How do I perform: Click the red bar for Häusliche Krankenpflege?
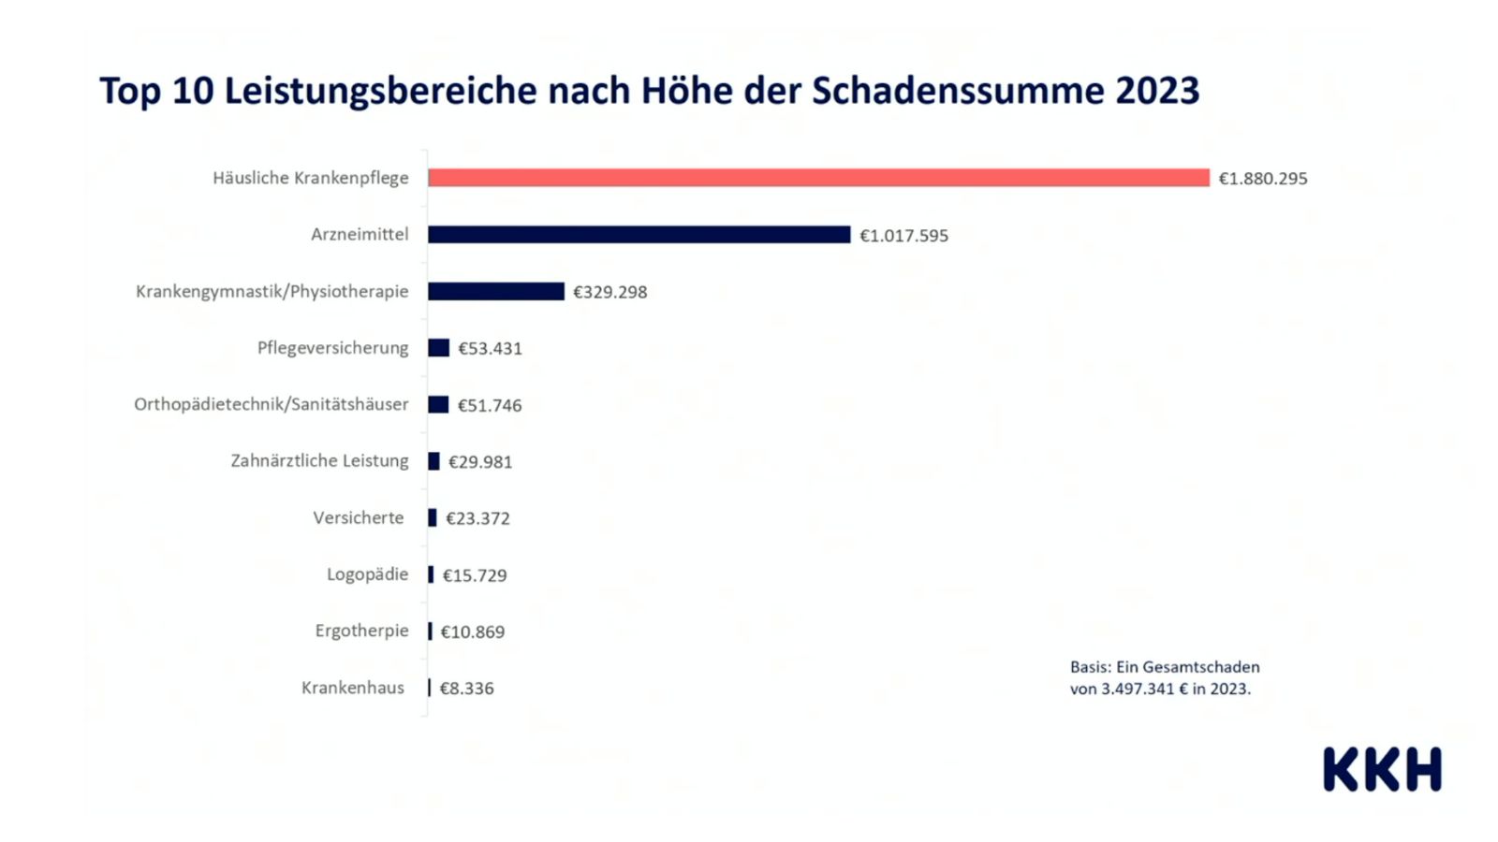(x=818, y=178)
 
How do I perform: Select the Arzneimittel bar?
(x=639, y=235)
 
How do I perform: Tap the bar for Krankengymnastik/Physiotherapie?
(x=496, y=292)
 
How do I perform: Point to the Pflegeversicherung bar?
(x=438, y=348)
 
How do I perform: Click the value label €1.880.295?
(x=1262, y=179)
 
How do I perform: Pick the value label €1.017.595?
(x=903, y=236)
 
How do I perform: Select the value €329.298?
(x=609, y=292)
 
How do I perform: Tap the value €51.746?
(x=489, y=405)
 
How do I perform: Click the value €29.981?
(x=480, y=462)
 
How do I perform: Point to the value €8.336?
(x=466, y=689)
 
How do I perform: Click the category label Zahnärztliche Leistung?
(x=319, y=461)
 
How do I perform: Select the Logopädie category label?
(x=367, y=574)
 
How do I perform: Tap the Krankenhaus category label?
(x=353, y=688)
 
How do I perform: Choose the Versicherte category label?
(x=359, y=518)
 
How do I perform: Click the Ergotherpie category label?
(x=361, y=631)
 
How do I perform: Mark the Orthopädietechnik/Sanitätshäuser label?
(x=271, y=404)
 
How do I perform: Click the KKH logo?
(x=1382, y=769)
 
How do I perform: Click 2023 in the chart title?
(x=1157, y=91)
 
